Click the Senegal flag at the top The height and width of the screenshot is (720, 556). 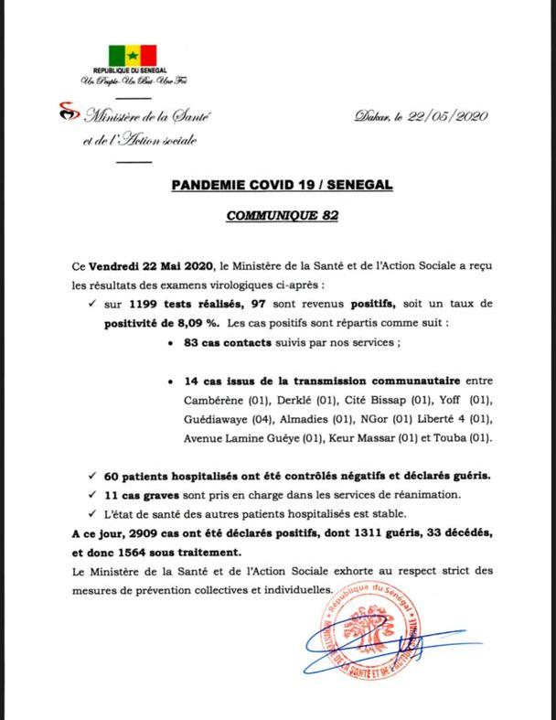click(133, 55)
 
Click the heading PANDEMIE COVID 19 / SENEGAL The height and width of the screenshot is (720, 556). click(282, 185)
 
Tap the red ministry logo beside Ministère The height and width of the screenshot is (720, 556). click(69, 113)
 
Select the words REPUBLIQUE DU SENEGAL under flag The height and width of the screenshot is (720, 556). click(133, 71)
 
